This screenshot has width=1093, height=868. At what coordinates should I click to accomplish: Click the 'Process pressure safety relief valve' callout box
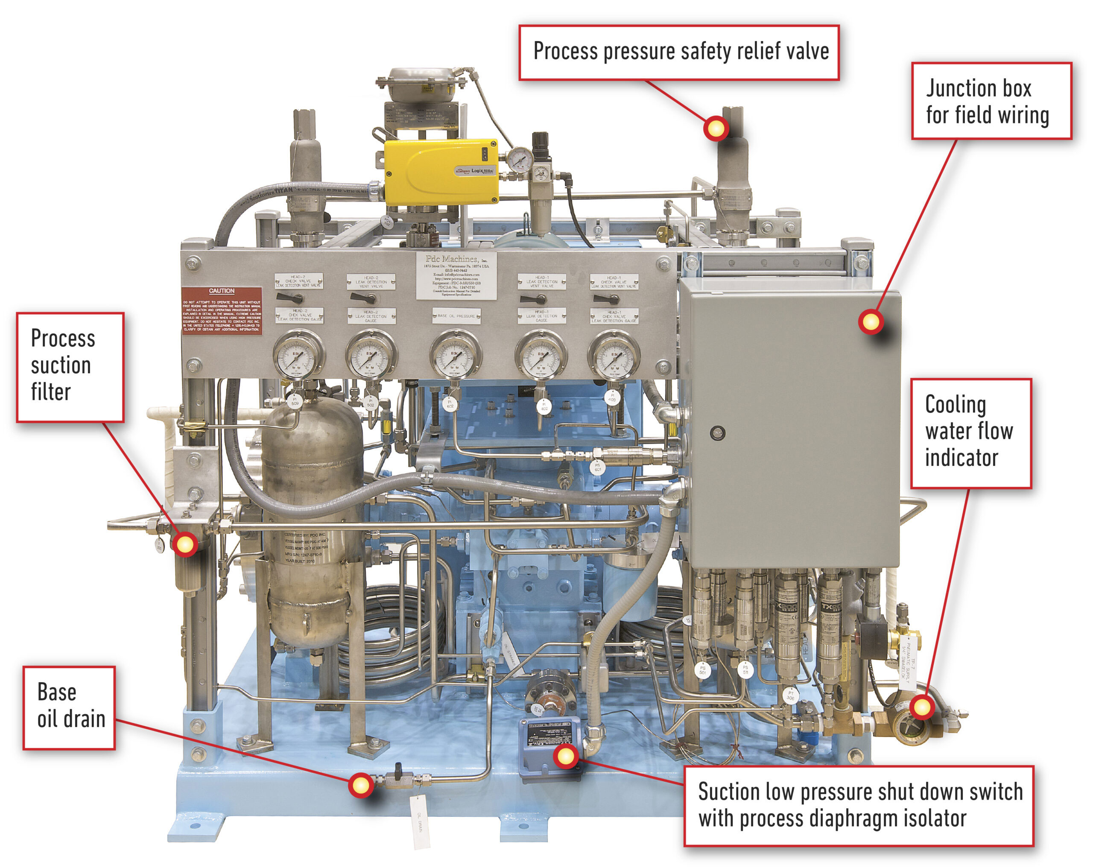pyautogui.click(x=679, y=52)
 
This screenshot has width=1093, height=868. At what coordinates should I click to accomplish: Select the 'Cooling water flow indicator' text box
pyautogui.click(x=970, y=433)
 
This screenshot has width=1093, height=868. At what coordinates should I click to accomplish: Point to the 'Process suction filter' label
pyautogui.click(x=70, y=367)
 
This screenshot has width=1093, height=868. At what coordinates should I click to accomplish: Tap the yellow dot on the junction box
pyautogui.click(x=871, y=321)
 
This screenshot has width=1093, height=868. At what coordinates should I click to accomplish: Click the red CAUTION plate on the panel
pyautogui.click(x=222, y=310)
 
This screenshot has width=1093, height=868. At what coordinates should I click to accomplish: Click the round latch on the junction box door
pyautogui.click(x=717, y=433)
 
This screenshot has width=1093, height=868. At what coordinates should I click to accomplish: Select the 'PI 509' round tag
pyautogui.click(x=295, y=401)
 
